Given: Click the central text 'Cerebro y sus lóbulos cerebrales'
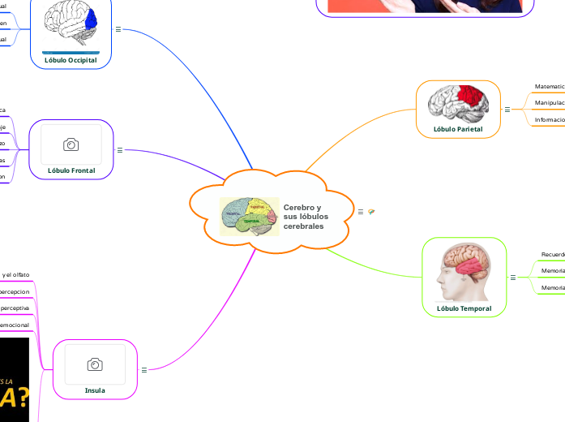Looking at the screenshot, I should point(302,217).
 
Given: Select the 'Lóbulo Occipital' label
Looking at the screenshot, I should point(70,60).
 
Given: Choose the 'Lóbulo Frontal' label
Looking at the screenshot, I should point(71,170).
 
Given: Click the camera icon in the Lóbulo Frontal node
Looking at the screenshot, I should point(71,144).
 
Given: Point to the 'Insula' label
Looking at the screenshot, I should point(95,390).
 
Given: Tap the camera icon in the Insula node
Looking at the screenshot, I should point(95,364).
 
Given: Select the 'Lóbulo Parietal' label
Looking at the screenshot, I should point(458,128).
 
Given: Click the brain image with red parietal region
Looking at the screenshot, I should point(458,102).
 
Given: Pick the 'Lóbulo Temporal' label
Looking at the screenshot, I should point(464,308).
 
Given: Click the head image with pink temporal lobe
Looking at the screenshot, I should point(464,272).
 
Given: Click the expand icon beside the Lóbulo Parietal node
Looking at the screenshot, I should point(507,109).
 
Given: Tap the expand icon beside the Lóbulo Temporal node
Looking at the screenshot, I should point(513,278).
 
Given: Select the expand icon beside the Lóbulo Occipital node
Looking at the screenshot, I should point(118,29).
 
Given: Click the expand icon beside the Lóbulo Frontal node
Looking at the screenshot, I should point(120,149).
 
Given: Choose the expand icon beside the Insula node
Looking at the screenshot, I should point(143,369).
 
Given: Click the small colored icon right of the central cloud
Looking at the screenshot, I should point(371,211).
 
